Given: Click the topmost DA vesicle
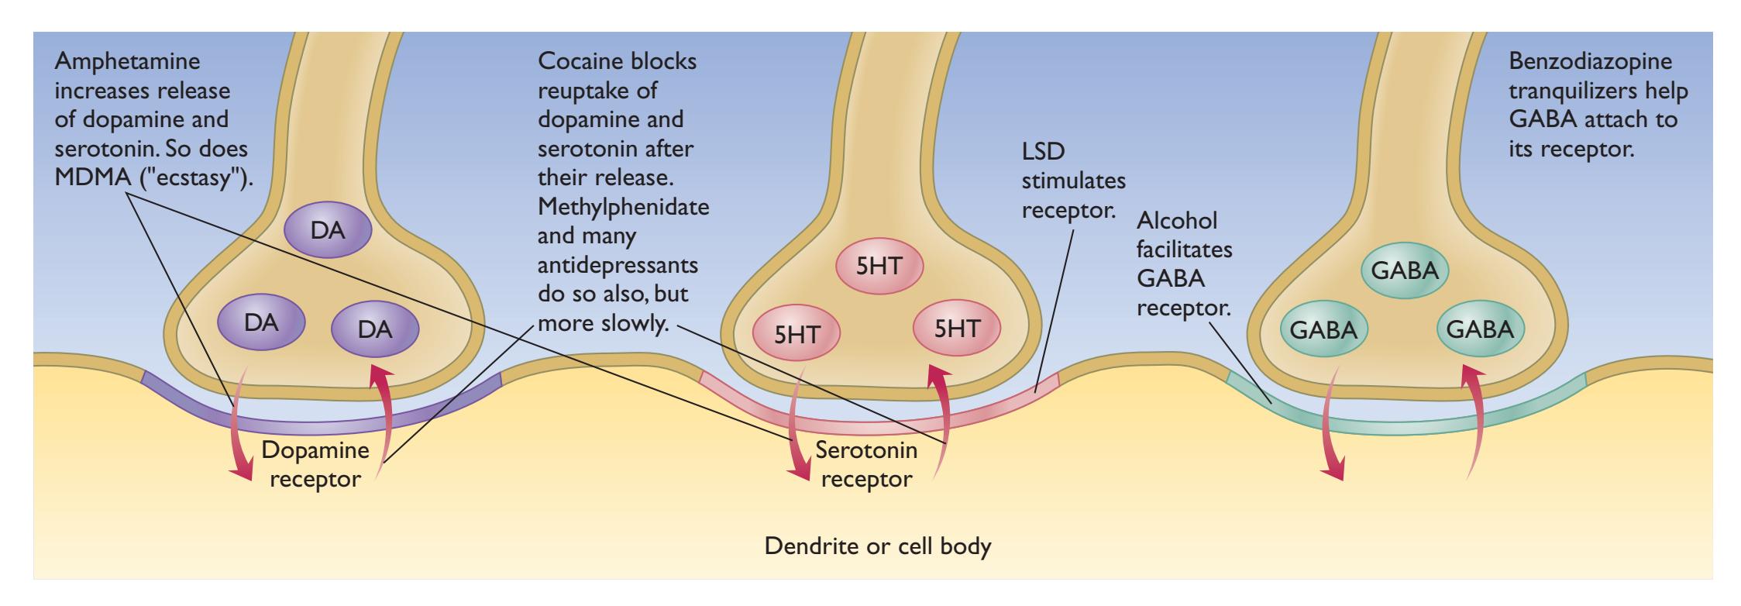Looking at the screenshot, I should [x=327, y=230].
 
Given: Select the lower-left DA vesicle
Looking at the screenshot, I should [x=261, y=322].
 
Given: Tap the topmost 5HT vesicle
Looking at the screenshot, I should [x=879, y=267].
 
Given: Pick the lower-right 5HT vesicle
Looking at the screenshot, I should [x=957, y=328].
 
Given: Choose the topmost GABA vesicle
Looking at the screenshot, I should [x=1405, y=271].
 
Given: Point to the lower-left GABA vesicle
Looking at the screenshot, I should [x=1323, y=331].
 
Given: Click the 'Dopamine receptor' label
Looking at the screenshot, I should [x=315, y=464].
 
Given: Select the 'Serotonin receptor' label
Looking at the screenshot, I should [x=866, y=464].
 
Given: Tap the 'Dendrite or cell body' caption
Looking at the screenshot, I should [x=878, y=546].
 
